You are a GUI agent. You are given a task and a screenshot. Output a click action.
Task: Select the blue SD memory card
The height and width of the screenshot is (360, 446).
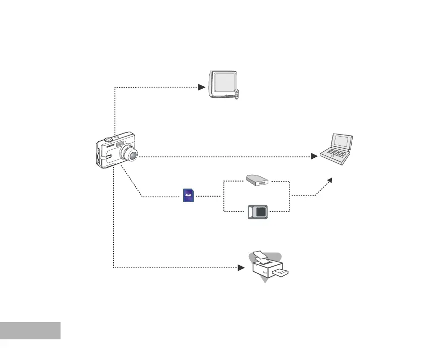[189, 195]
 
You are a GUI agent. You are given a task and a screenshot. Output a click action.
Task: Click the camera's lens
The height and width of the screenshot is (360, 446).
[132, 155]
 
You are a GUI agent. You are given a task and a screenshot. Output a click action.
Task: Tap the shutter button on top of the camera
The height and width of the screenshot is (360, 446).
[108, 139]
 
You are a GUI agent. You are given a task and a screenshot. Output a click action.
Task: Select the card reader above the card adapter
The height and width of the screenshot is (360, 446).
[258, 180]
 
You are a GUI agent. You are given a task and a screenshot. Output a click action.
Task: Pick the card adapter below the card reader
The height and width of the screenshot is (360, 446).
[259, 212]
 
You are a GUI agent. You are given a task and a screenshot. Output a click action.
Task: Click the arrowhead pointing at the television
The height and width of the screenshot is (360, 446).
[201, 87]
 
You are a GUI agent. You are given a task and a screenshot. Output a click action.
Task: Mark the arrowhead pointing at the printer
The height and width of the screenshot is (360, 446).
[241, 268]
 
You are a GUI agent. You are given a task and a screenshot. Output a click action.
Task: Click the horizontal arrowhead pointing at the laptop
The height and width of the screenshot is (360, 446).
[314, 157]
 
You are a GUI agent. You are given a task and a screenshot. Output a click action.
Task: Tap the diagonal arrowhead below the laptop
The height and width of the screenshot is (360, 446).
[329, 180]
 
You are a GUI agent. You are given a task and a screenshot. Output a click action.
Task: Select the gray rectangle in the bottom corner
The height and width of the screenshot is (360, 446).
[30, 331]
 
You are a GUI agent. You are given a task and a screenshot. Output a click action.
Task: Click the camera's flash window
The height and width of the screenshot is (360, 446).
[120, 144]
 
